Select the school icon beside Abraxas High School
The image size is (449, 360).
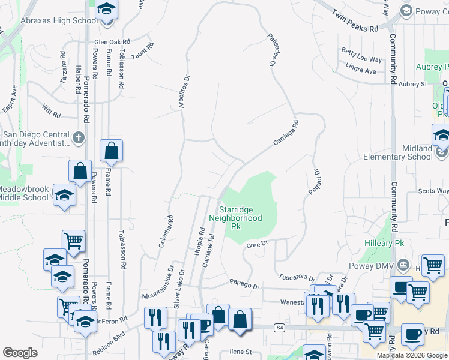106,10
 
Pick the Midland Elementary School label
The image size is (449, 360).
397,152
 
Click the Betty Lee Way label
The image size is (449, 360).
361,59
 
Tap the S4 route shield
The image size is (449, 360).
279,327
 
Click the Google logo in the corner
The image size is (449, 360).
20,353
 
